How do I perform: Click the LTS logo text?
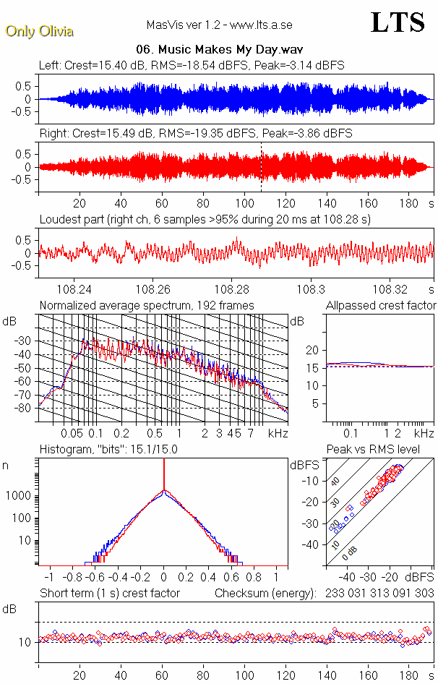pyautogui.click(x=397, y=23)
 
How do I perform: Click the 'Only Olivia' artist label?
pyautogui.click(x=39, y=31)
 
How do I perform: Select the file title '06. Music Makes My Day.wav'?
pyautogui.click(x=219, y=50)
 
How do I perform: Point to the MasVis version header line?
pyautogui.click(x=219, y=25)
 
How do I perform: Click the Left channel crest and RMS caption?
pyautogui.click(x=192, y=65)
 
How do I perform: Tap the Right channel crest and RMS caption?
pyautogui.click(x=196, y=133)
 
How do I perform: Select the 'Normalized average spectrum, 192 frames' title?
pyautogui.click(x=147, y=305)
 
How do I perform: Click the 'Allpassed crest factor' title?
pyautogui.click(x=381, y=305)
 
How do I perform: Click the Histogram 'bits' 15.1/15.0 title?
pyautogui.click(x=108, y=449)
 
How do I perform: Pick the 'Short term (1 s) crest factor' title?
pyautogui.click(x=109, y=593)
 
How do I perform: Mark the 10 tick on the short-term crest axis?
pyautogui.click(x=24, y=642)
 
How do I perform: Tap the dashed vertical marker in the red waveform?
pyautogui.click(x=261, y=168)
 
